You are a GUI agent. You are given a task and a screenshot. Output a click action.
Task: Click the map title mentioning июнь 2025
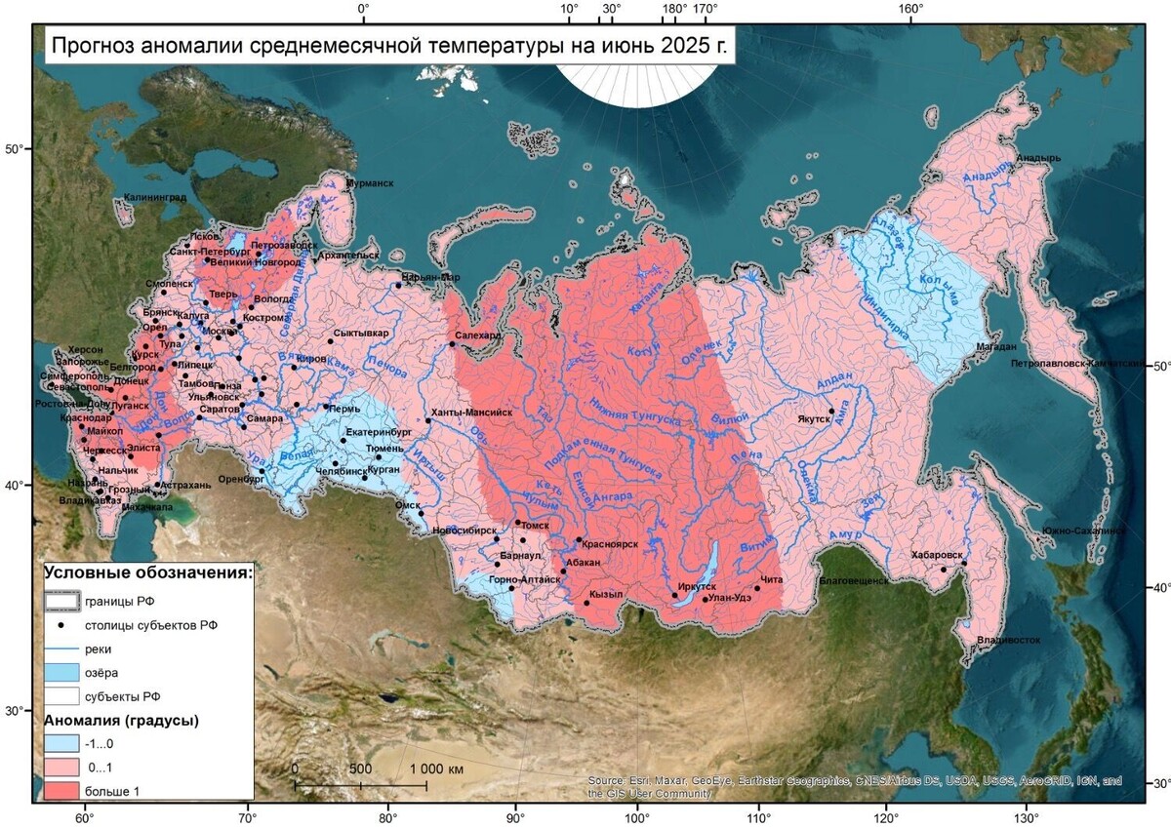pos(389,45)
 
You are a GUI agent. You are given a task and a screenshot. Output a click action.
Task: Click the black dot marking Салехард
pos(453,343)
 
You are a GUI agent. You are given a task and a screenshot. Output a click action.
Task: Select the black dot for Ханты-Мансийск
pos(427,421)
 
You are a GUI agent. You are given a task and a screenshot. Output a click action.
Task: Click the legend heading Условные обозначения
pos(149,571)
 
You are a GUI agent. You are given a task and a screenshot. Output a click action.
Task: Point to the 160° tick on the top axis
pos(911,9)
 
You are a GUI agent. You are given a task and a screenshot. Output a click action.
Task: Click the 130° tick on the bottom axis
pos(1025,817)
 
